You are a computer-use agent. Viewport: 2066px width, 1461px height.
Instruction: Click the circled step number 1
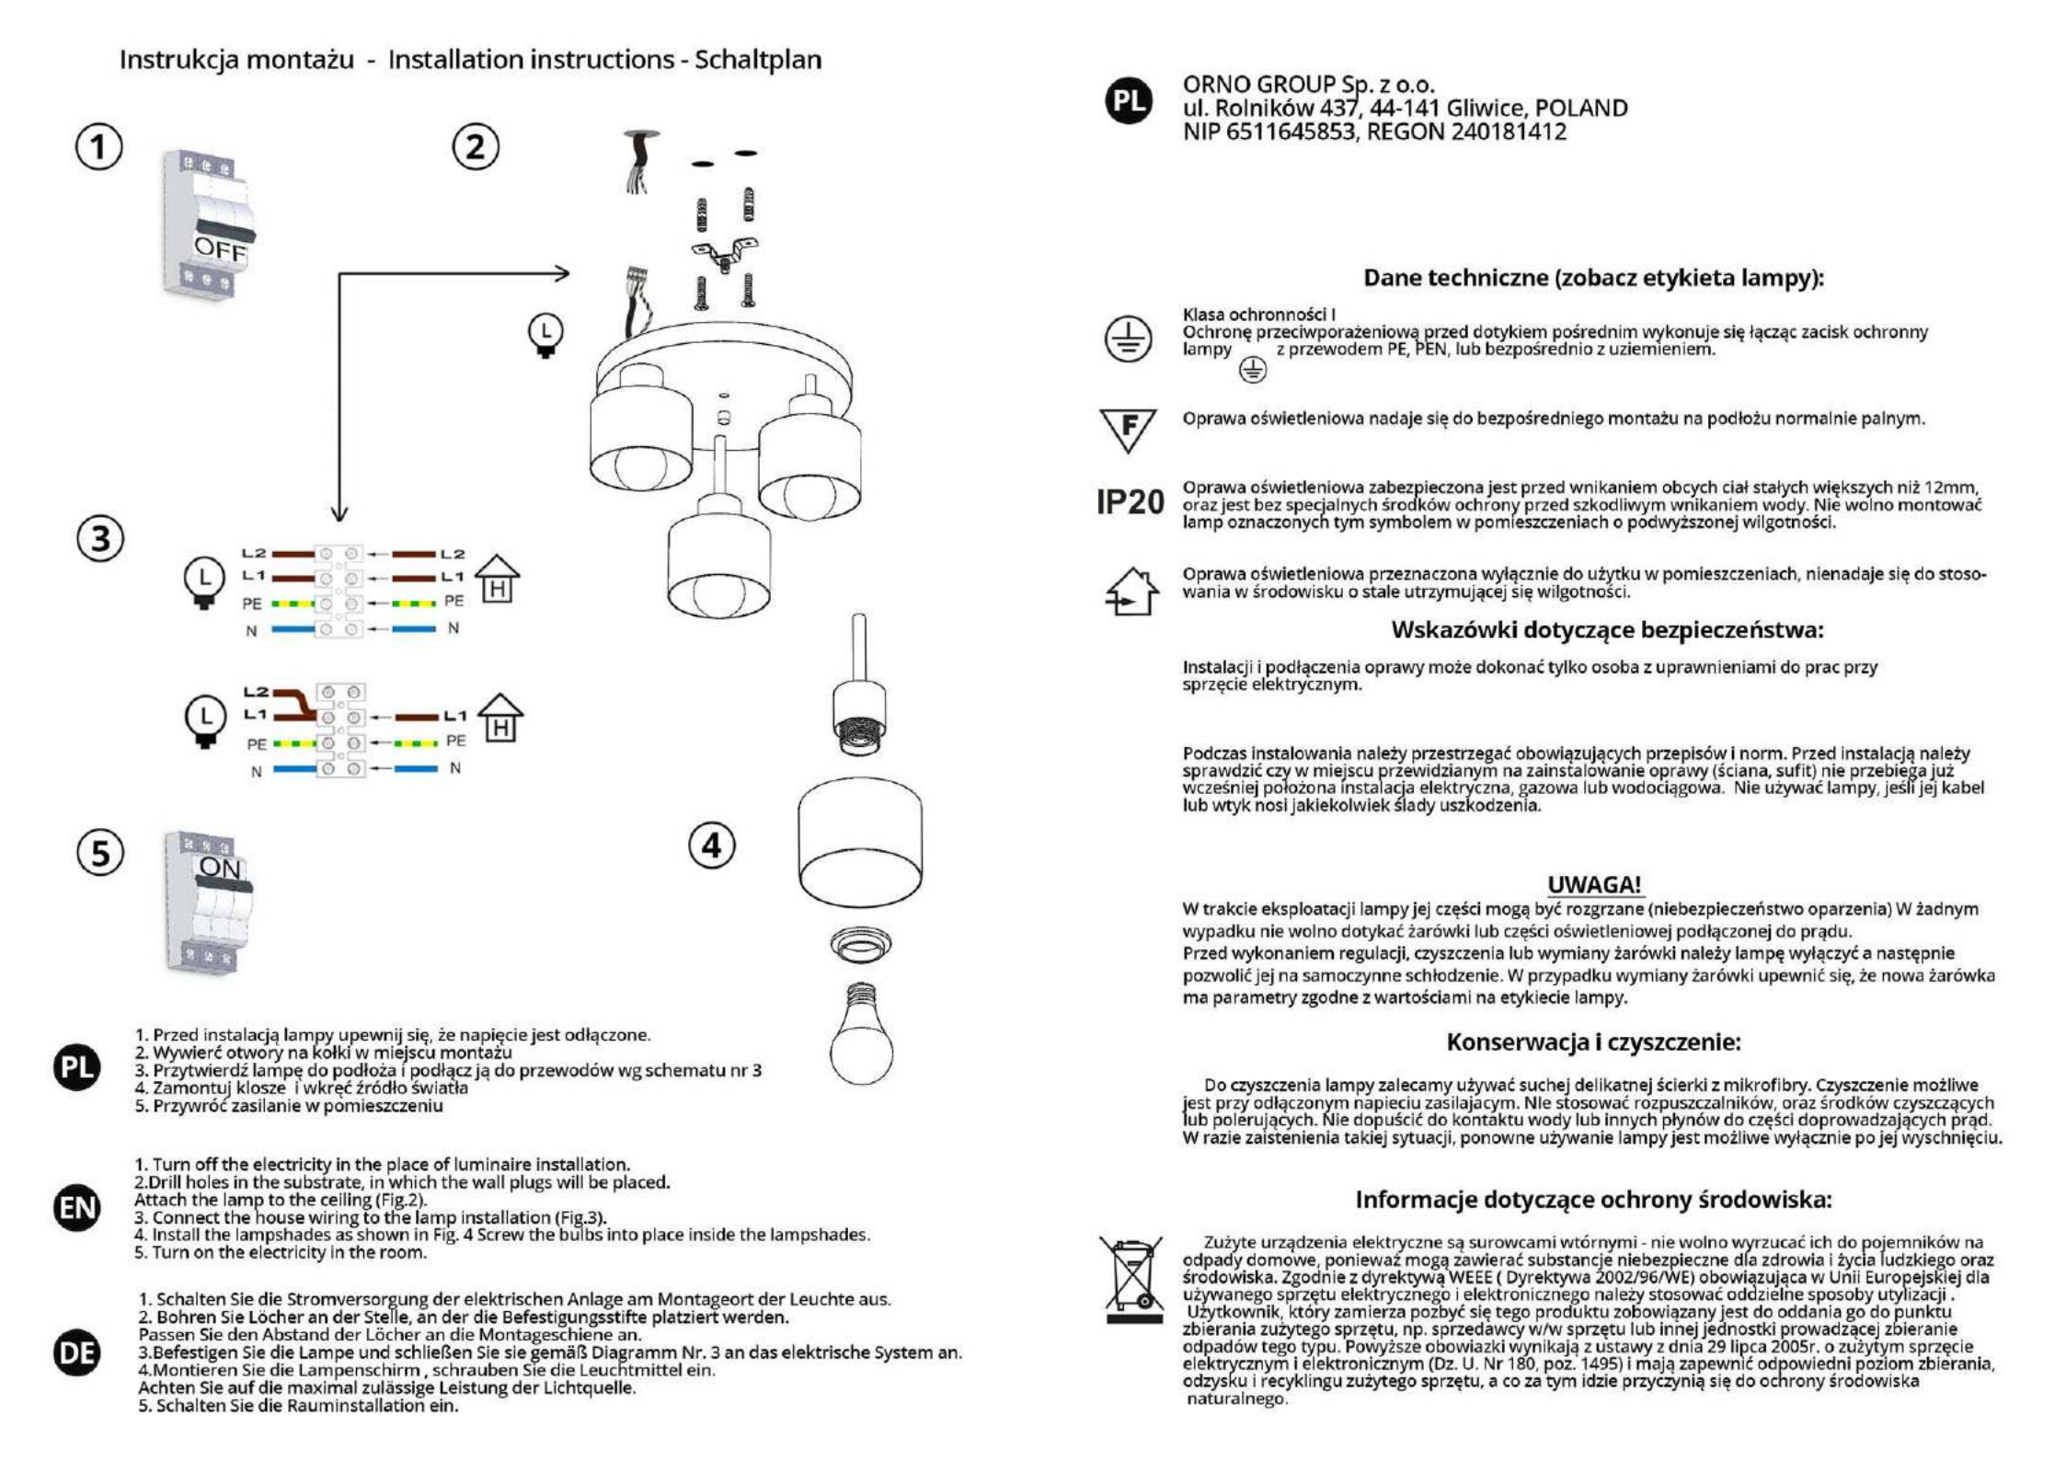98,147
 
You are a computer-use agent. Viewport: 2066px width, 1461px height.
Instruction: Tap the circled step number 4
712,846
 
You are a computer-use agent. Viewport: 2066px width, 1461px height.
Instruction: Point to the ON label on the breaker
220,868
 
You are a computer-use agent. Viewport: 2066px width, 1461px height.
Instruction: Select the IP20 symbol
1130,502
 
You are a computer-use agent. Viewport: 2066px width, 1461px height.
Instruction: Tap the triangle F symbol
1128,429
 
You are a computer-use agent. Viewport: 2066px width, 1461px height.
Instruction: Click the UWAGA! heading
1594,884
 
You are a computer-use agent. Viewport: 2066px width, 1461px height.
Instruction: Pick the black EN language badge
77,1207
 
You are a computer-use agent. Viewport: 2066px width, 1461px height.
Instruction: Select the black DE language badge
77,1352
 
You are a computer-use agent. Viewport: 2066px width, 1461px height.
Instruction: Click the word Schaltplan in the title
758,60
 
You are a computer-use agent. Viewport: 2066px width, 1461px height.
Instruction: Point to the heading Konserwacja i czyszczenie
1593,1041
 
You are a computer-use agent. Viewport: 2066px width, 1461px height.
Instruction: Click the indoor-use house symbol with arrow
1131,592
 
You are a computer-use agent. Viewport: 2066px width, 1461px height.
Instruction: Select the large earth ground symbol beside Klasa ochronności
1128,339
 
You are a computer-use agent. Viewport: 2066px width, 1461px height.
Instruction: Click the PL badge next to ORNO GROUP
1129,101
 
